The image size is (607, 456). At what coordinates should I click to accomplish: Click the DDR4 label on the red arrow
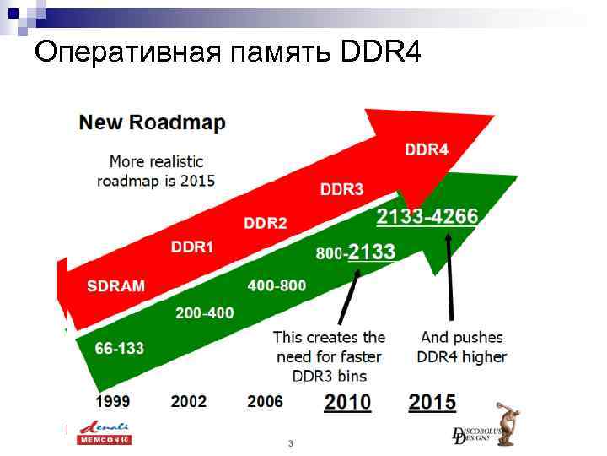click(x=427, y=150)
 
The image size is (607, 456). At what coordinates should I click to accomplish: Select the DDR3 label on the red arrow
click(x=341, y=188)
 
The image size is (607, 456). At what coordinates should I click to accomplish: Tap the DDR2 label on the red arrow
click(x=266, y=223)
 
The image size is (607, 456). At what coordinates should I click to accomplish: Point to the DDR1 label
click(x=192, y=247)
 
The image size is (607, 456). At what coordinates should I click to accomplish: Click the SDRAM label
click(x=115, y=285)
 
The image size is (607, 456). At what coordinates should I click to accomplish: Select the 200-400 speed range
click(x=204, y=313)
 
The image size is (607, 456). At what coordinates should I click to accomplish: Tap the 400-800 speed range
click(x=277, y=286)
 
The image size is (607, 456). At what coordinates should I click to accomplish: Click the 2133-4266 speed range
click(x=427, y=217)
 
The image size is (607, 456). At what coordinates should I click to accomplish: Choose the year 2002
click(x=188, y=401)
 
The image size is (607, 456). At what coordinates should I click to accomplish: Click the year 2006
click(x=265, y=401)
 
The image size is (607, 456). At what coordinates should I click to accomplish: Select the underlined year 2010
click(x=347, y=402)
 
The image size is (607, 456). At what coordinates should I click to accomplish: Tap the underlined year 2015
click(x=432, y=402)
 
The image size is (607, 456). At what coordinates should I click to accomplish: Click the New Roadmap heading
click(x=152, y=122)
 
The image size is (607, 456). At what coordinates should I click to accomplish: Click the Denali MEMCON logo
click(x=105, y=433)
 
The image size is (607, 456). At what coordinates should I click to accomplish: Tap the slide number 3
click(x=290, y=443)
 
